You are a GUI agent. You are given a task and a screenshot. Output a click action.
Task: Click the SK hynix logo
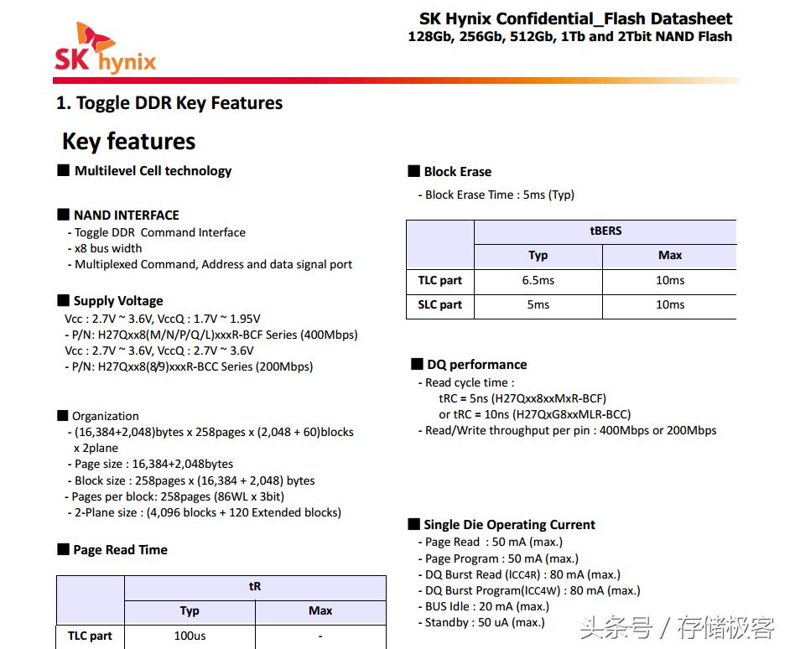pyautogui.click(x=105, y=49)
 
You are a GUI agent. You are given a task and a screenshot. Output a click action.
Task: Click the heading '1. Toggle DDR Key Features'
pyautogui.click(x=169, y=103)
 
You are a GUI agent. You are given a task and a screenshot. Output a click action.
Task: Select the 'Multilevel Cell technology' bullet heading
pyautogui.click(x=152, y=171)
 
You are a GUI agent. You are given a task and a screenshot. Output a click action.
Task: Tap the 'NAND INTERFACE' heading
pyautogui.click(x=126, y=215)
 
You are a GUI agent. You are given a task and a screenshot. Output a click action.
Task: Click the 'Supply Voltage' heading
pyautogui.click(x=117, y=301)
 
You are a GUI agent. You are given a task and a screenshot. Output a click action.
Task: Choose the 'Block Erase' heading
pyautogui.click(x=457, y=172)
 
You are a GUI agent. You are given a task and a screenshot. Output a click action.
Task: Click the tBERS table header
pyautogui.click(x=605, y=231)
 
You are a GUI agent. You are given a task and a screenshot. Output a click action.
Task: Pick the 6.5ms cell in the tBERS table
pyautogui.click(x=538, y=280)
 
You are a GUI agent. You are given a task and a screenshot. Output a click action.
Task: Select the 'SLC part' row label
pyautogui.click(x=439, y=304)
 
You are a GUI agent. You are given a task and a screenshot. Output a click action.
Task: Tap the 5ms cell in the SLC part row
pyautogui.click(x=538, y=304)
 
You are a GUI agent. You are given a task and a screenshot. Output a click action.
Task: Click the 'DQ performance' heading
pyautogui.click(x=476, y=365)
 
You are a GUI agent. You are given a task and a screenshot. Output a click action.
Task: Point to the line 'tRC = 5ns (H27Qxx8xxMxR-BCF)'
pyautogui.click(x=522, y=398)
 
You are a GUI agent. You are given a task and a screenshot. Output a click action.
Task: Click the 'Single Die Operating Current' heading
pyautogui.click(x=509, y=525)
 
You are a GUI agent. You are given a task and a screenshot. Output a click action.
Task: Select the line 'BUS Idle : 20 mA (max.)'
pyautogui.click(x=486, y=606)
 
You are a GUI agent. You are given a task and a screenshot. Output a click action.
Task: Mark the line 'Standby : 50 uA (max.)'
pyautogui.click(x=484, y=622)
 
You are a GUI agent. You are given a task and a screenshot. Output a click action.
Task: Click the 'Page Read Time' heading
pyautogui.click(x=120, y=550)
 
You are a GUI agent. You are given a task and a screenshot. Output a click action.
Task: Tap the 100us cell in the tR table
pyautogui.click(x=190, y=636)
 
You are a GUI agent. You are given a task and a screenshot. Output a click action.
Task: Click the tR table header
pyautogui.click(x=255, y=587)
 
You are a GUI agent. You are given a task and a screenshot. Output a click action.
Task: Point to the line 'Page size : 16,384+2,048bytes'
pyautogui.click(x=153, y=464)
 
